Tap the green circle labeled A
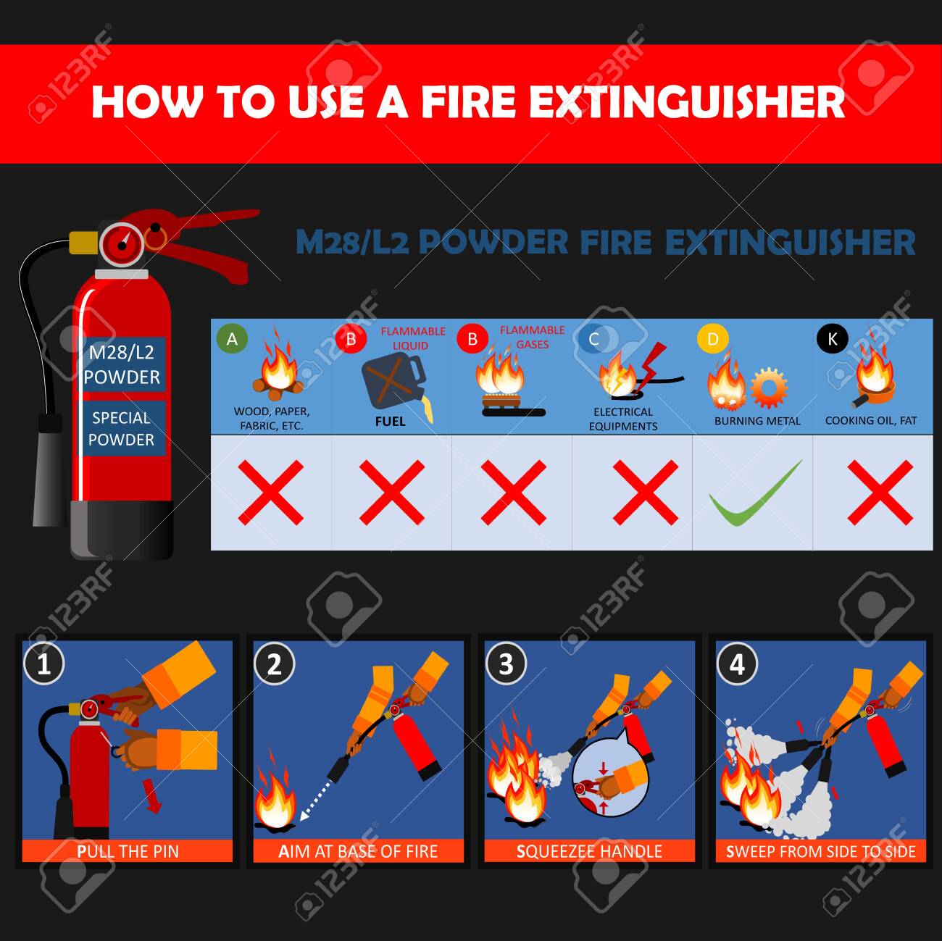(232, 338)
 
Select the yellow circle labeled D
(713, 338)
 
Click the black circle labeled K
(833, 338)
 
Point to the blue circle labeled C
(593, 338)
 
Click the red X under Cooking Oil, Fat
(880, 493)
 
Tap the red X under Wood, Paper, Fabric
(271, 493)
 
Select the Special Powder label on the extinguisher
(121, 429)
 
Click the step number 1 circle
(44, 664)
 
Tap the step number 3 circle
(506, 664)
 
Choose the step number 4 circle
(737, 664)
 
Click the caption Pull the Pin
(128, 852)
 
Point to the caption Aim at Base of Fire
(358, 852)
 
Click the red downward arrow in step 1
(152, 797)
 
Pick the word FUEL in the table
(390, 422)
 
